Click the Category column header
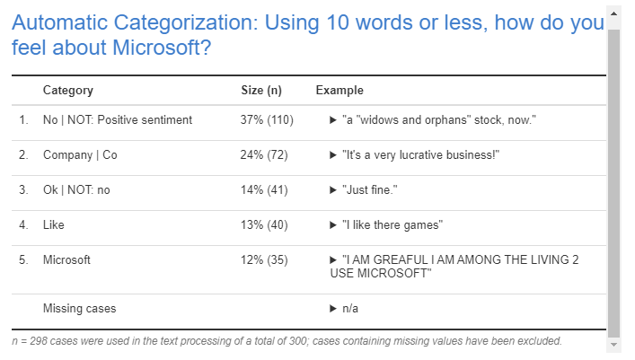point(67,91)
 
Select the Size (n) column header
point(261,91)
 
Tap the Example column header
point(340,91)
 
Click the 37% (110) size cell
point(267,120)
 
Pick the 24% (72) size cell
point(263,155)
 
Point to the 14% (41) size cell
point(263,190)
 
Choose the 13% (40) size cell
point(263,225)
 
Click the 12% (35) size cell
point(263,260)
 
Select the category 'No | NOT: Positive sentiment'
point(118,120)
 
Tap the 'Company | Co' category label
point(80,155)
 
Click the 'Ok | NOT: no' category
point(76,190)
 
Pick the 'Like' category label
point(54,225)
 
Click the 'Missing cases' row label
point(79,309)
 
